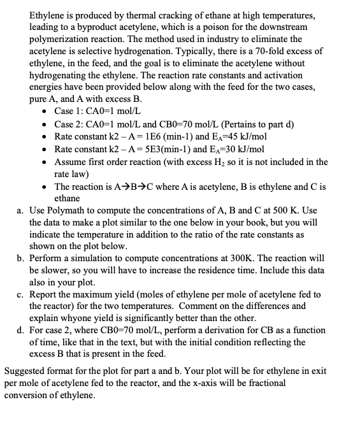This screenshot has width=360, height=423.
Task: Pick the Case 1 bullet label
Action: pyautogui.click(x=68, y=112)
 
